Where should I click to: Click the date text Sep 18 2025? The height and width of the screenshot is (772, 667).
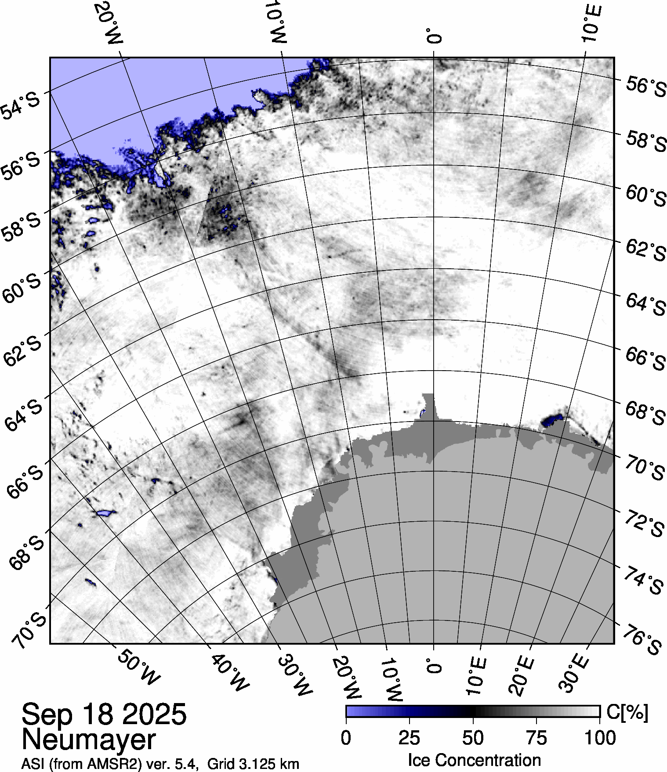(104, 714)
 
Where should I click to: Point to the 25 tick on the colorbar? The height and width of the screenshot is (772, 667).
(410, 738)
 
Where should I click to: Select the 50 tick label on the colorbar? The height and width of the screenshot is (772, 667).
(473, 738)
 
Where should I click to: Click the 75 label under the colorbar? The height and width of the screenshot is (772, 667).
(536, 738)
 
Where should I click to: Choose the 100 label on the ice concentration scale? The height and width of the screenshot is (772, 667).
(600, 738)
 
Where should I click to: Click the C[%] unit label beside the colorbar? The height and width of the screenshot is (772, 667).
(627, 713)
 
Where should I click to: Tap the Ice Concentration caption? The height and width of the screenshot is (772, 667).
(474, 760)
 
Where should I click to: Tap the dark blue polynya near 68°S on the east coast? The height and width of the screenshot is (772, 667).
(552, 420)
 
